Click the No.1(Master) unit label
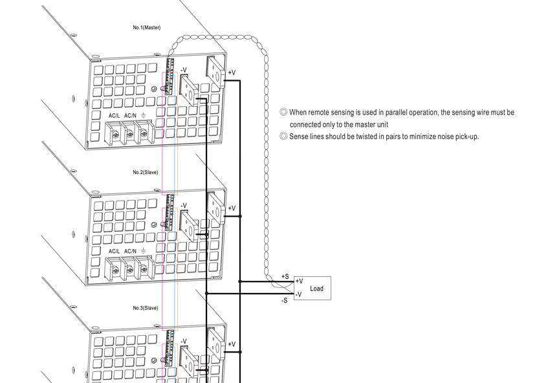[147, 27]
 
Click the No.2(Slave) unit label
[146, 172]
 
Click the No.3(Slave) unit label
[146, 308]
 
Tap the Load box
[312, 288]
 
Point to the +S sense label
[285, 276]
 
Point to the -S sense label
[284, 300]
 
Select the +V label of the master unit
[232, 72]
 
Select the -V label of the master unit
[184, 70]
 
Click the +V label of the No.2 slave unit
[232, 208]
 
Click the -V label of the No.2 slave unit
[184, 206]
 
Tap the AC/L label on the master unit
[114, 116]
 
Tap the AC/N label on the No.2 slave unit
[130, 252]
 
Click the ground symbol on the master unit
[143, 115]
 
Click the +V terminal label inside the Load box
[300, 281]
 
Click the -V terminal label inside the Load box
[299, 294]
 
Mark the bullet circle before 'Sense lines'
[283, 137]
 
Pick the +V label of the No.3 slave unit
[232, 344]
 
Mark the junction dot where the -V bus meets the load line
[206, 294]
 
